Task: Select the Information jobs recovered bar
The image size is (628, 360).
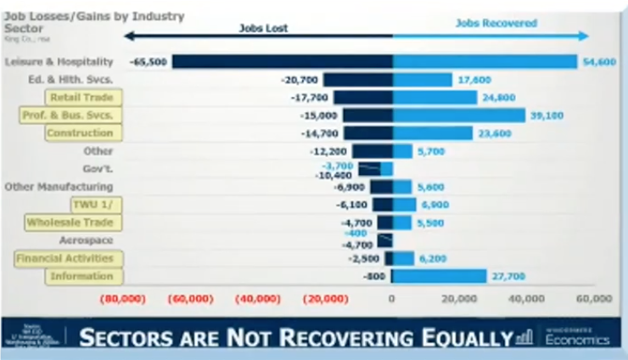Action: pyautogui.click(x=439, y=276)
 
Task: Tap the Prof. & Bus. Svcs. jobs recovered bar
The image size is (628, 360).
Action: pyautogui.click(x=459, y=115)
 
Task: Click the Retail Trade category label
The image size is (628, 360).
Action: pyautogui.click(x=83, y=98)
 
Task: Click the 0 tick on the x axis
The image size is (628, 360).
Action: pyautogui.click(x=392, y=299)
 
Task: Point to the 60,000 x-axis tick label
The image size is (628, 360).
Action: pyautogui.click(x=593, y=299)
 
